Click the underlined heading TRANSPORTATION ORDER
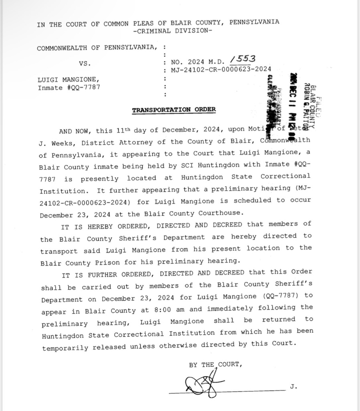(174, 110)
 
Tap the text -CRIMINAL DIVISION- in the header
(172, 31)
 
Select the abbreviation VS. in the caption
(85, 63)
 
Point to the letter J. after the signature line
(293, 387)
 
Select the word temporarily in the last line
(65, 348)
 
